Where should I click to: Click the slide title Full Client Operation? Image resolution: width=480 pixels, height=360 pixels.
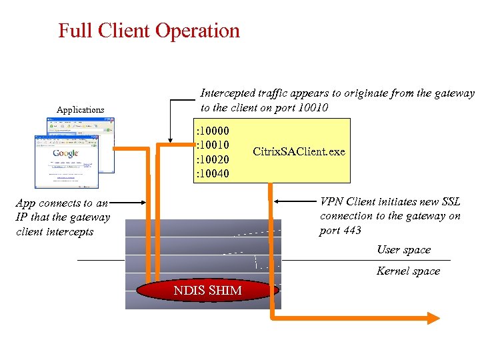[x=149, y=31]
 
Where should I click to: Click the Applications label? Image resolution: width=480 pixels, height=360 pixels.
[x=80, y=109]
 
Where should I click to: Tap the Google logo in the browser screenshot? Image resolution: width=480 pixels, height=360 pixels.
[x=66, y=153]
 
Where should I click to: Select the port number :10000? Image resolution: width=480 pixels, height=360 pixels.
[x=213, y=131]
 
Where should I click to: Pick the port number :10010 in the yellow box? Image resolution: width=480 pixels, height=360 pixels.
[x=213, y=145]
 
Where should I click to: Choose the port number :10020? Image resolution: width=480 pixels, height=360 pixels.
[x=213, y=159]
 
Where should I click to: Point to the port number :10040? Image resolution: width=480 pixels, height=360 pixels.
[x=213, y=174]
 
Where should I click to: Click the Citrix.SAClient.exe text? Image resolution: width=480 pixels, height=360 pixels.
[x=299, y=151]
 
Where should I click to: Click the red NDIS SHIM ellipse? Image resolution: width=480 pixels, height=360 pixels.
[x=207, y=290]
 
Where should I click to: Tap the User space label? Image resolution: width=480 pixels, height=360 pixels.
[x=403, y=250]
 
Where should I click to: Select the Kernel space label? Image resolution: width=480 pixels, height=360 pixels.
[x=408, y=271]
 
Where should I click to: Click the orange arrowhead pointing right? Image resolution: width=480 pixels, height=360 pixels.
[x=433, y=319]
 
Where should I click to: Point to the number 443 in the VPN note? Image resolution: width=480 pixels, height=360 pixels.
[x=350, y=231]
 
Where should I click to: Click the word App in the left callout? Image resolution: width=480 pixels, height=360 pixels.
[x=26, y=203]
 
